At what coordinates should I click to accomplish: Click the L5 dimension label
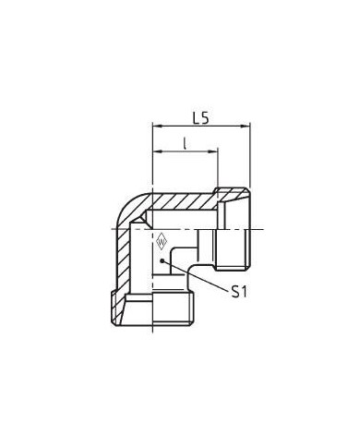point(201,118)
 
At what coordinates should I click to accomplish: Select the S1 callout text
point(239,292)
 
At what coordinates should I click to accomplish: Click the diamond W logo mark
point(162,241)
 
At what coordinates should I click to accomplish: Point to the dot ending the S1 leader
point(162,260)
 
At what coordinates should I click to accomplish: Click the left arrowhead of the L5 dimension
point(157,126)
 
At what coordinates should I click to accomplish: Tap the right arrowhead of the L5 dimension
point(246,126)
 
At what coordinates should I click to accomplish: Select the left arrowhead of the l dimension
point(157,151)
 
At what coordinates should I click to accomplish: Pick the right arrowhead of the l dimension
point(213,151)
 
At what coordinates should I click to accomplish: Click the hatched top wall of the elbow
point(182,201)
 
